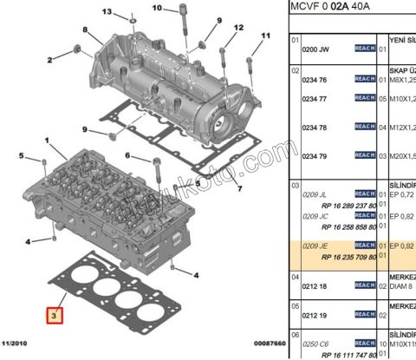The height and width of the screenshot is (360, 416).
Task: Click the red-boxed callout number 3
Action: tap(55, 317)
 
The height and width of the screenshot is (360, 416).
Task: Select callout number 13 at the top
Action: tap(107, 12)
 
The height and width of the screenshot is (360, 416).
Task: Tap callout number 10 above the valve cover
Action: tap(157, 8)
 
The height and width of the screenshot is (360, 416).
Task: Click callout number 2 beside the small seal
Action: tap(51, 60)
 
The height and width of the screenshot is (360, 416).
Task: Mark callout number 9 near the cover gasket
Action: tap(86, 129)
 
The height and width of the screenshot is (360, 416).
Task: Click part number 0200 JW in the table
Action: tap(314, 49)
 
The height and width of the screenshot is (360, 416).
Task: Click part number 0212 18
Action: tap(314, 285)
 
